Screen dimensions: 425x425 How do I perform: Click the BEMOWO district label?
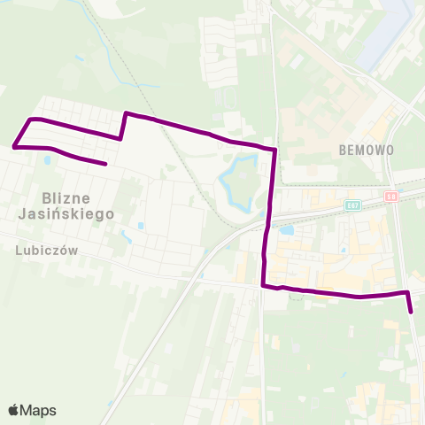(x=366, y=151)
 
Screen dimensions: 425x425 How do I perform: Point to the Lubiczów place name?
(x=47, y=251)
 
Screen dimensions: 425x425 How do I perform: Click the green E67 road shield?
(x=353, y=205)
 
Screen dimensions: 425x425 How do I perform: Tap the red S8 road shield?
(x=392, y=196)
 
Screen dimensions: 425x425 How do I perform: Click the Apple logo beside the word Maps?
(x=14, y=410)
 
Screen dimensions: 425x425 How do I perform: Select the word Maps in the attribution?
(x=38, y=410)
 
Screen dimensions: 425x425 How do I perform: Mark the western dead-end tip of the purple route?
(x=105, y=164)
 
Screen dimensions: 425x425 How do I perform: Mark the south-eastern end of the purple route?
(x=412, y=312)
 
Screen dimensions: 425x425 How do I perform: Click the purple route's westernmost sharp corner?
(x=15, y=146)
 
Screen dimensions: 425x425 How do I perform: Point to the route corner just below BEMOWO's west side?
(x=275, y=150)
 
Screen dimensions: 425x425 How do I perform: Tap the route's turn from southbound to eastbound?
(x=263, y=285)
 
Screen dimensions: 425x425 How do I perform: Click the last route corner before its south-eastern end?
(x=406, y=291)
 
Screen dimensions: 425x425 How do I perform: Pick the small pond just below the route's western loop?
(x=45, y=162)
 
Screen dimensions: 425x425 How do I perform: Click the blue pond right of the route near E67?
(x=287, y=230)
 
